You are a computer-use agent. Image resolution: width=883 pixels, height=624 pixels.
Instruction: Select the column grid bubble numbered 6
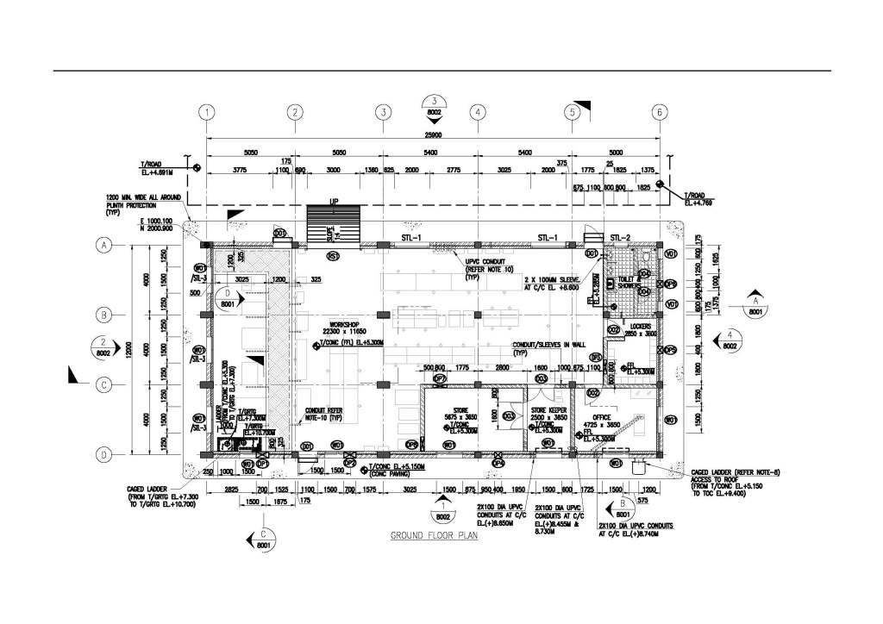coord(660,112)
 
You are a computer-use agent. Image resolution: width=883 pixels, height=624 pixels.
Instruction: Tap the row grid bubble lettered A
coord(103,246)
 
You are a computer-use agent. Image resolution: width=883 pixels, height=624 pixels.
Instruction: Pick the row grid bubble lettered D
coord(103,454)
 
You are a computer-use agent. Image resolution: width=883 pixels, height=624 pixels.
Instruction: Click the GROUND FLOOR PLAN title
coord(434,535)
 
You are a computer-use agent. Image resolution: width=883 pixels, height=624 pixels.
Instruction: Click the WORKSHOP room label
coord(335,323)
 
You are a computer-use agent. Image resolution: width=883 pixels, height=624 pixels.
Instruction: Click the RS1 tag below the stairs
coord(333,256)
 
